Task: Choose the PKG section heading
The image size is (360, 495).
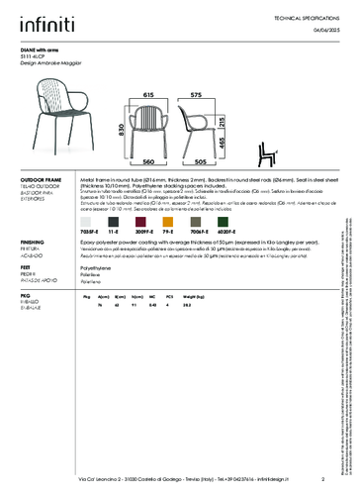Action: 26,295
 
